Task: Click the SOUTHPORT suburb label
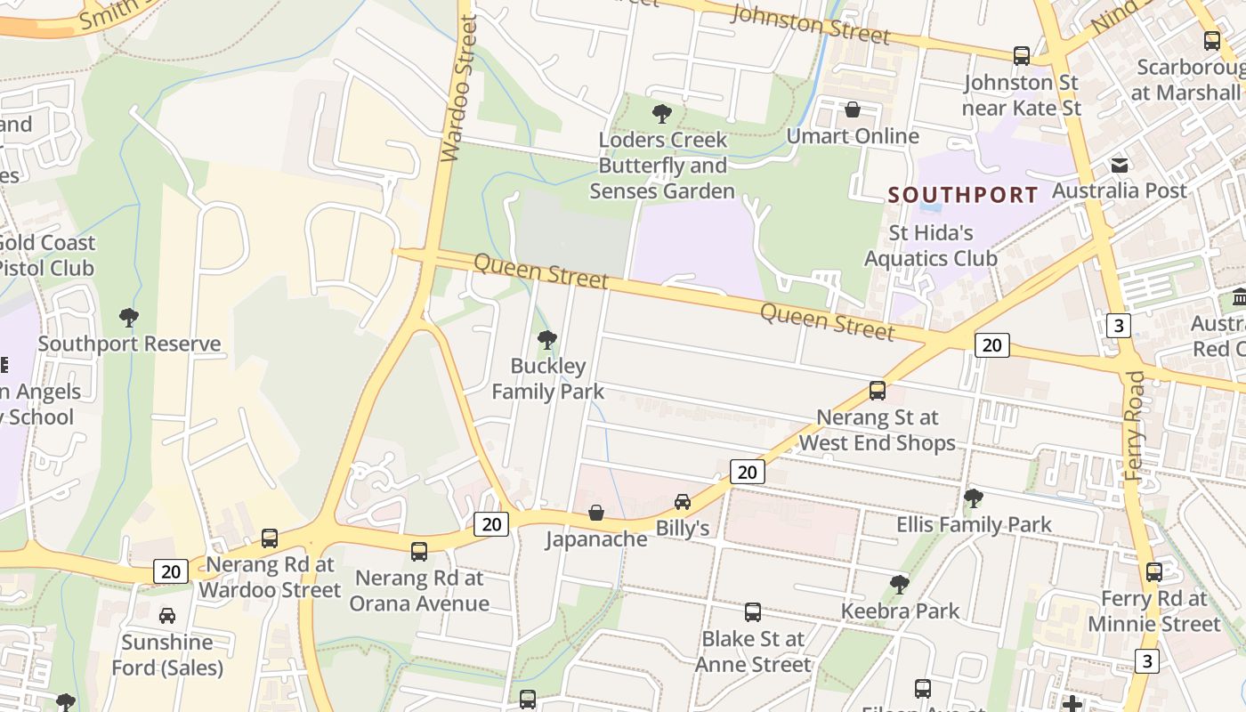(963, 195)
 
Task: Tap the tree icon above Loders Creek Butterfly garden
(661, 114)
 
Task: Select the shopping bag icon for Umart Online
(853, 109)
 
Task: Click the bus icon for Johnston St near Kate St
(1022, 56)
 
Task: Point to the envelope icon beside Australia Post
(1120, 165)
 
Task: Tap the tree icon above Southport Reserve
(129, 318)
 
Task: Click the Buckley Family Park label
(548, 378)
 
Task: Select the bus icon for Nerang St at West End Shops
(878, 391)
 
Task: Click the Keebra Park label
(901, 611)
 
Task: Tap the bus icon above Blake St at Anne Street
(753, 612)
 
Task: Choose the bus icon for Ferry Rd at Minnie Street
(1154, 572)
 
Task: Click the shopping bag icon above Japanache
(596, 514)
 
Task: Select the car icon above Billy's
(683, 502)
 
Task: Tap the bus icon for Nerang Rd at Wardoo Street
(270, 538)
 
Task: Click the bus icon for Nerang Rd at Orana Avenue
(419, 552)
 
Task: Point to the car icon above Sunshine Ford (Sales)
(167, 616)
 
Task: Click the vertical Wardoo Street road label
(459, 89)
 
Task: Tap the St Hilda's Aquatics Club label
(931, 246)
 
